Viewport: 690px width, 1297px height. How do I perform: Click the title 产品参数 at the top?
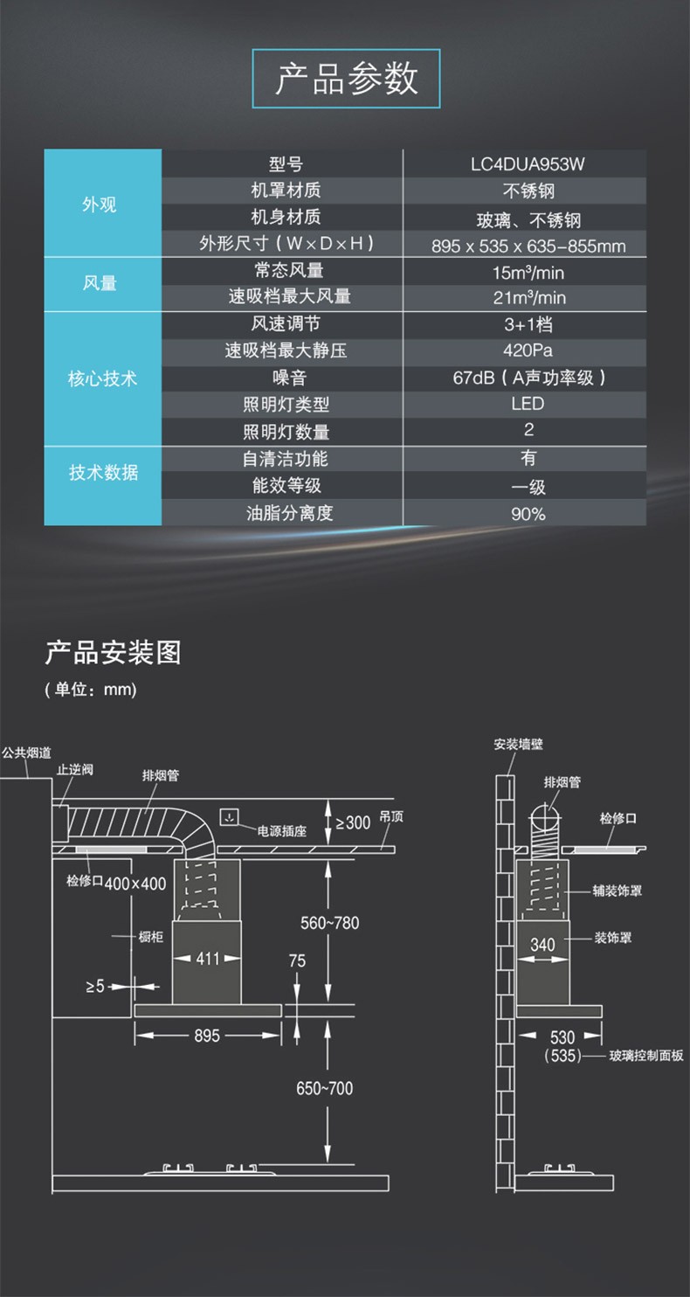tap(346, 79)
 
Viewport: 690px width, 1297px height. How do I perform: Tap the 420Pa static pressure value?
tap(528, 350)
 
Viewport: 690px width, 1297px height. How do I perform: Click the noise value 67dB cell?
tap(528, 378)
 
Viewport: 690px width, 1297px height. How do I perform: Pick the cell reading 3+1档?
tap(528, 324)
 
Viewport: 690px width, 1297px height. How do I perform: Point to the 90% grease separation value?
tap(528, 514)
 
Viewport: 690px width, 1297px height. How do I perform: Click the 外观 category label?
tap(100, 205)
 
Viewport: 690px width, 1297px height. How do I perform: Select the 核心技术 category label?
tap(102, 379)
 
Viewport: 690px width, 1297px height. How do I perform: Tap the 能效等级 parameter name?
tap(288, 486)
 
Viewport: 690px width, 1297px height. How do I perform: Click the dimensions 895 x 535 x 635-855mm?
tap(528, 246)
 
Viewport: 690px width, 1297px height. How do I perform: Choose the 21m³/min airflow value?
tap(528, 297)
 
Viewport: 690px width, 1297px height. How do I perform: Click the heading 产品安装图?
tap(113, 652)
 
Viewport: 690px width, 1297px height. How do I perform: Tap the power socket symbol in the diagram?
tap(229, 818)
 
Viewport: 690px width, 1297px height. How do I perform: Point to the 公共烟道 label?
tap(26, 752)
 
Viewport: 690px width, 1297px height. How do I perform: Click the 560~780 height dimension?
tap(329, 922)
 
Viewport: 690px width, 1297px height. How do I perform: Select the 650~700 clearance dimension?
tap(324, 1088)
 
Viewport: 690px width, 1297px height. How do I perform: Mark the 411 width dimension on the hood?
tap(208, 959)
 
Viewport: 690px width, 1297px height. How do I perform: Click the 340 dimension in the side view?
tap(542, 945)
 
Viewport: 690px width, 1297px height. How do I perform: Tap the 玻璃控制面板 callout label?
tap(646, 1056)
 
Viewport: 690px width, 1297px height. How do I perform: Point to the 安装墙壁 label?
tap(518, 745)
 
